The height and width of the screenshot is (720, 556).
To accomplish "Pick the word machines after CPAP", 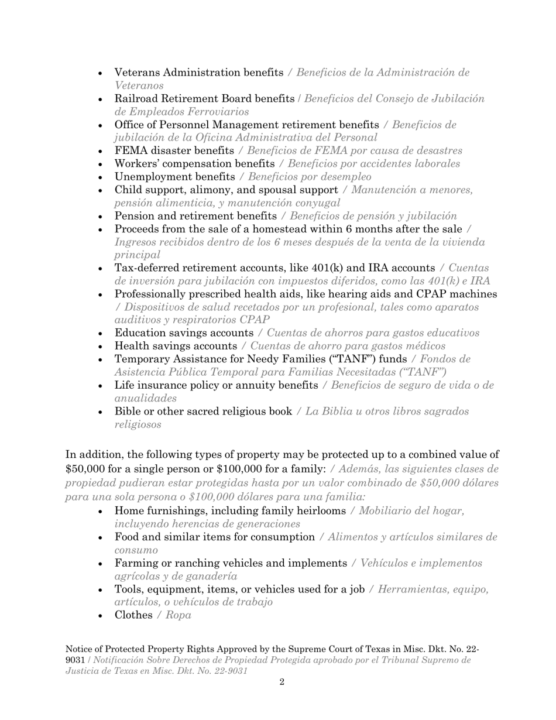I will point(473,294).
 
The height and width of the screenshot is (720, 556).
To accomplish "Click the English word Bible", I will point(127,412).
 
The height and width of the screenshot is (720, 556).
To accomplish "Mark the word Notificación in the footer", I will point(123,660).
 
